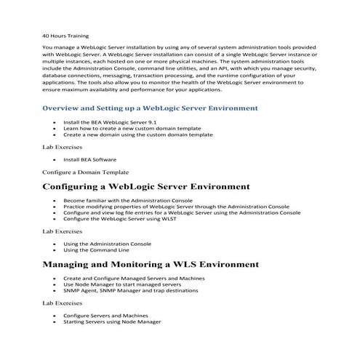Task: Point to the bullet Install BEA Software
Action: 89,159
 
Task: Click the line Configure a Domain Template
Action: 86,172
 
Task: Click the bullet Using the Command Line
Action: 97,249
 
